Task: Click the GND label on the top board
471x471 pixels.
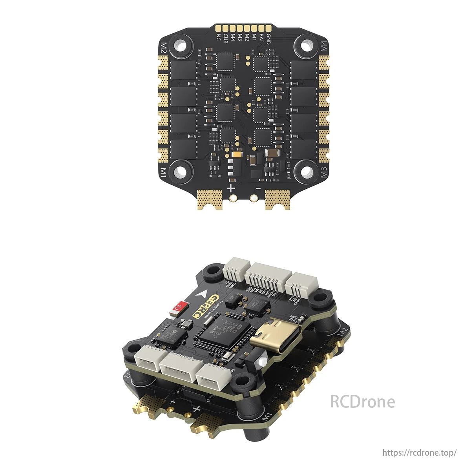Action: (268, 38)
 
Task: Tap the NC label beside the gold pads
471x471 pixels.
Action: (219, 38)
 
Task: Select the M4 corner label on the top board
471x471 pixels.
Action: (324, 47)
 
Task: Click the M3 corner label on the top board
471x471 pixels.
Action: (324, 173)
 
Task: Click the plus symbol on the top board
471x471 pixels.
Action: (231, 188)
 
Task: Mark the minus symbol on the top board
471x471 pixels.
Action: (257, 188)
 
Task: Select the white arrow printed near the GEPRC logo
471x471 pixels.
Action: (203, 293)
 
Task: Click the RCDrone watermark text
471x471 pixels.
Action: (362, 402)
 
